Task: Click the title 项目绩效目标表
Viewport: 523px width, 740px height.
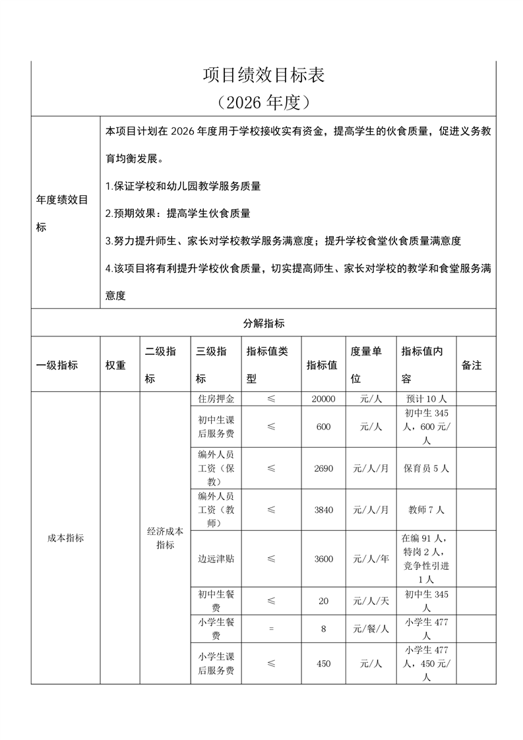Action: pyautogui.click(x=263, y=75)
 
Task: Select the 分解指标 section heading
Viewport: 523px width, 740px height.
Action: pyautogui.click(x=263, y=323)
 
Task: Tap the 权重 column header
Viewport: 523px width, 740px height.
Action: pyautogui.click(x=115, y=365)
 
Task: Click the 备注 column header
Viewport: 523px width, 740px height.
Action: pyautogui.click(x=472, y=365)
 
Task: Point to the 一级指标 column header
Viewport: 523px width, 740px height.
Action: pyautogui.click(x=57, y=365)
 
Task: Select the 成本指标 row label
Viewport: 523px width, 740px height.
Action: pyautogui.click(x=65, y=538)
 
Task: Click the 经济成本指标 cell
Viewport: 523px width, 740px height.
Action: pyautogui.click(x=165, y=538)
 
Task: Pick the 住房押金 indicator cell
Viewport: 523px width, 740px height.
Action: pyautogui.click(x=216, y=399)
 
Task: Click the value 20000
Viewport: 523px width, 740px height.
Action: pyautogui.click(x=324, y=399)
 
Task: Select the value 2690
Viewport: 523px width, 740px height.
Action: pyautogui.click(x=324, y=468)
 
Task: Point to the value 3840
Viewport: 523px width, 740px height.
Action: pyautogui.click(x=324, y=510)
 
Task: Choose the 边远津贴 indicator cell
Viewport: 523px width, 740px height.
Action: pyautogui.click(x=216, y=559)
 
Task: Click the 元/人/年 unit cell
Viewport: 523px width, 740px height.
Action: pyautogui.click(x=371, y=559)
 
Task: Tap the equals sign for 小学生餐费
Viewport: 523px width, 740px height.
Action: pyautogui.click(x=271, y=629)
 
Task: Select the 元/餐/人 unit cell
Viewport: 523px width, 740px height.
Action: pyautogui.click(x=371, y=629)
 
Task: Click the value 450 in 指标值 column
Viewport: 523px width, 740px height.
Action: pyautogui.click(x=324, y=663)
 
